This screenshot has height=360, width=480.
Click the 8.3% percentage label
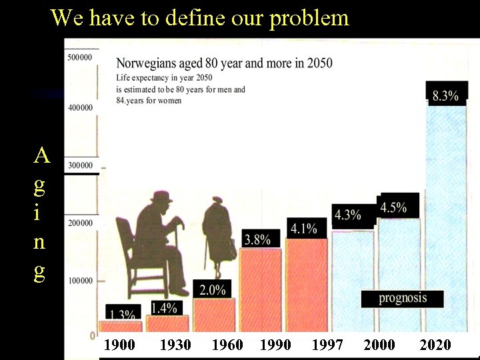[445, 95]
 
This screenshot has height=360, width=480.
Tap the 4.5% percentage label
[393, 207]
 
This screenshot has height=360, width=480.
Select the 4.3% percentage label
[347, 215]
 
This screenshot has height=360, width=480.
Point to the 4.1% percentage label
[303, 229]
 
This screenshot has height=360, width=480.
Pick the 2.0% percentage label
[212, 289]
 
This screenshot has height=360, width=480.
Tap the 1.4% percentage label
[164, 307]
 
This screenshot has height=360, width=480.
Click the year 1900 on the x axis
[120, 345]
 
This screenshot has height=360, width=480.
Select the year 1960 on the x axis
[227, 345]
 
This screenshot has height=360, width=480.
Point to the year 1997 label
[327, 345]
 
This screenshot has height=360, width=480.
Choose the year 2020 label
[435, 345]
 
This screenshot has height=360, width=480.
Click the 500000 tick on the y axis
[80, 57]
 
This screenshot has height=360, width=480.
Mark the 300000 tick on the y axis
[80, 165]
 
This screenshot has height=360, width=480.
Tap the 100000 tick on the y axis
[80, 281]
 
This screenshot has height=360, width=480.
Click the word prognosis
[403, 298]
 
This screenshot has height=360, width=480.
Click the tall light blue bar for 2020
[447, 213]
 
